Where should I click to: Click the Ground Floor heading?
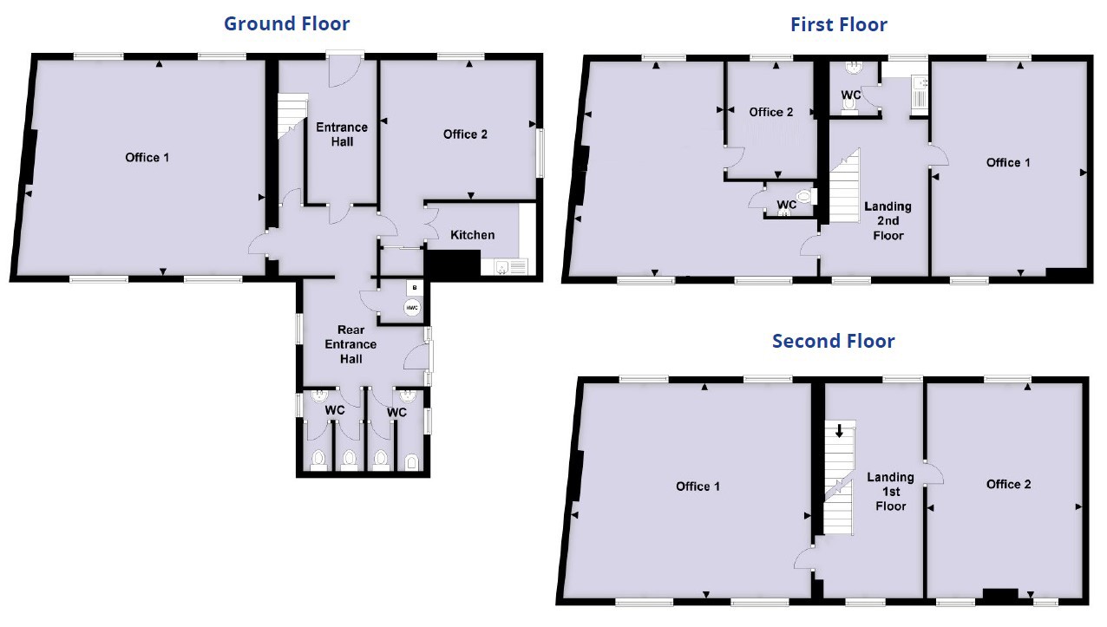[286, 23]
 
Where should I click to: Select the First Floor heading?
[838, 24]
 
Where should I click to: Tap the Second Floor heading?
[833, 341]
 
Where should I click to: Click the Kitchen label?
[473, 235]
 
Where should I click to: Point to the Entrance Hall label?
[342, 134]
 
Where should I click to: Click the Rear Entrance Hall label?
[350, 343]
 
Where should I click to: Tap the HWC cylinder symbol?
[412, 308]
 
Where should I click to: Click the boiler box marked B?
[414, 287]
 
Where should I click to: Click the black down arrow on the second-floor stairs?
[839, 430]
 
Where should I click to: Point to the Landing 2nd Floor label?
[888, 220]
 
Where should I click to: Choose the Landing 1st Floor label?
[890, 492]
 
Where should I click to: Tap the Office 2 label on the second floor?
[1008, 484]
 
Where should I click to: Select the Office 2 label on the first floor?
[770, 112]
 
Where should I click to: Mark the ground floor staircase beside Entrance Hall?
[291, 117]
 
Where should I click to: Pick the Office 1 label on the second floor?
[698, 487]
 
